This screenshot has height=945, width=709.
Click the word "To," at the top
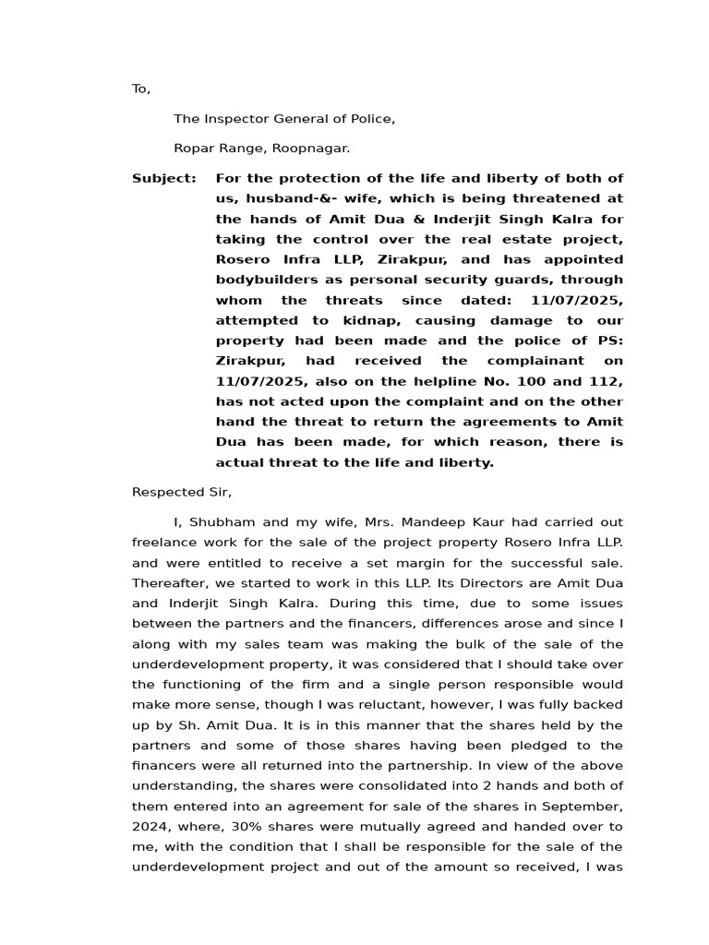coord(140,89)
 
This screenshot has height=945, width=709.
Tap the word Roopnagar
coord(317,148)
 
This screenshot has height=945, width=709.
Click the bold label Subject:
coord(164,178)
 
